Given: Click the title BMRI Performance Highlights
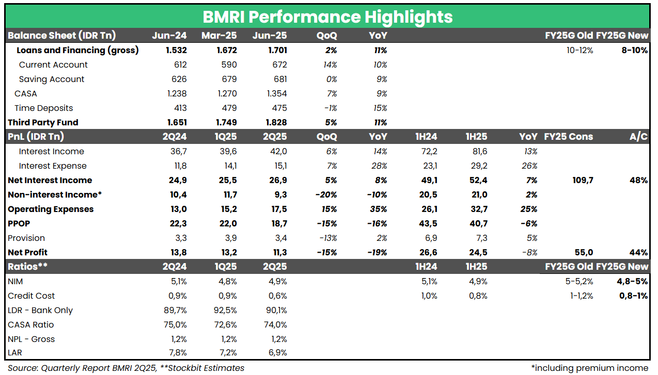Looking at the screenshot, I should tap(327, 17).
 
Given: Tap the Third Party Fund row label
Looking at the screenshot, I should tap(43, 123).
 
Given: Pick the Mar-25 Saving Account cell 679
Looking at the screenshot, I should tap(229, 79).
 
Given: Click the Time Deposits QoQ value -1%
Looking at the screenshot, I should tap(331, 108).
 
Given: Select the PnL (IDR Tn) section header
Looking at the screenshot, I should tap(36, 137).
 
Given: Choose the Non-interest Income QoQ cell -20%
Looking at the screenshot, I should tap(326, 195).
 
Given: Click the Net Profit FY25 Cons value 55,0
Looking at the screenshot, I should tap(583, 253).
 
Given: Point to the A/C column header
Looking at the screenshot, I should tap(638, 137).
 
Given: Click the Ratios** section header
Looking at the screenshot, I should tap(27, 267).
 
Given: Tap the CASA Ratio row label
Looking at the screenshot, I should tap(30, 325).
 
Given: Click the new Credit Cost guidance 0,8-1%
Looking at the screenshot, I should tap(633, 296).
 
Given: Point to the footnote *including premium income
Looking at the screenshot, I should tap(589, 368).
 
